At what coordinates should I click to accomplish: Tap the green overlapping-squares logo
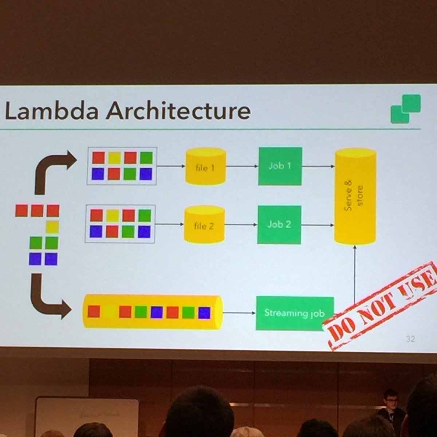coord(405,109)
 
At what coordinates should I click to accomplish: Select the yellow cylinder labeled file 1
coord(206,166)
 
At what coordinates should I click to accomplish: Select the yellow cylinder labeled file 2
coord(204,224)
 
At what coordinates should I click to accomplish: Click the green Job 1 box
coord(280,166)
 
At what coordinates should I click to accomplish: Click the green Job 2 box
coord(279,224)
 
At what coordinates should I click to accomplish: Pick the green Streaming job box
coord(294,313)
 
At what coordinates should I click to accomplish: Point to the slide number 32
coord(410,339)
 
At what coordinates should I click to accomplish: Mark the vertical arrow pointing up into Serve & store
coord(355,273)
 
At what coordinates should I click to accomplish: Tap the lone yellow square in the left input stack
coord(52,227)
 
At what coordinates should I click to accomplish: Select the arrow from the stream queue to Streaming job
coord(239,313)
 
